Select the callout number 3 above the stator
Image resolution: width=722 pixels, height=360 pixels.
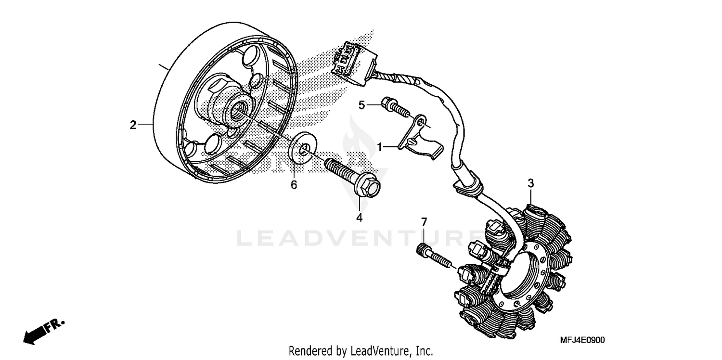(x=531, y=183)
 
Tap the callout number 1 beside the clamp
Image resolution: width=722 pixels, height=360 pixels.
(x=380, y=147)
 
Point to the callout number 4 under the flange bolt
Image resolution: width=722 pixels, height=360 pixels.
(x=359, y=218)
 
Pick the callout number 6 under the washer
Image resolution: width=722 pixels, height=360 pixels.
(x=294, y=184)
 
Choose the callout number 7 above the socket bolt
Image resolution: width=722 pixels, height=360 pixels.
(x=424, y=222)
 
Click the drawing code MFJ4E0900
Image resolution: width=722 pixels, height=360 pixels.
(x=581, y=340)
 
